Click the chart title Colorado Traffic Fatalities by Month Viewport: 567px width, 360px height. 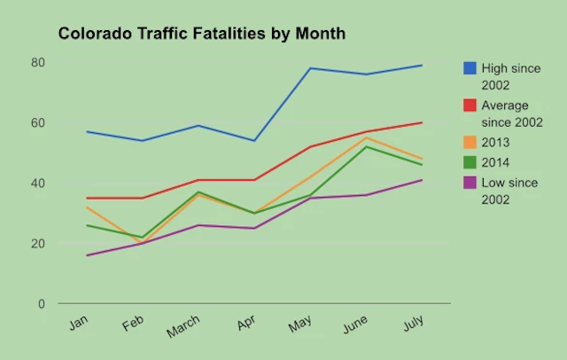point(201,35)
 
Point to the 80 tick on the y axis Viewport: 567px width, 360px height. point(37,62)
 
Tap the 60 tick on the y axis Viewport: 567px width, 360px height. point(37,122)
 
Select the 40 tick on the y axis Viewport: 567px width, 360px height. point(37,183)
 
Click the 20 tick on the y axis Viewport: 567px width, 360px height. point(37,243)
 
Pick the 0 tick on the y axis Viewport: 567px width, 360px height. point(41,303)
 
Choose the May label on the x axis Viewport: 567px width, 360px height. point(299,325)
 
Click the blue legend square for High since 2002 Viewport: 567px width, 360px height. point(470,68)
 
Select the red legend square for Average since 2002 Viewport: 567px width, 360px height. point(470,106)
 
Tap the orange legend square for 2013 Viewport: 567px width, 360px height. point(470,143)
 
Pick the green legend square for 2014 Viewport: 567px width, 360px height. point(470,162)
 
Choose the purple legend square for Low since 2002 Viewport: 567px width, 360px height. point(470,183)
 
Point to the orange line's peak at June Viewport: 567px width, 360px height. point(367,137)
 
